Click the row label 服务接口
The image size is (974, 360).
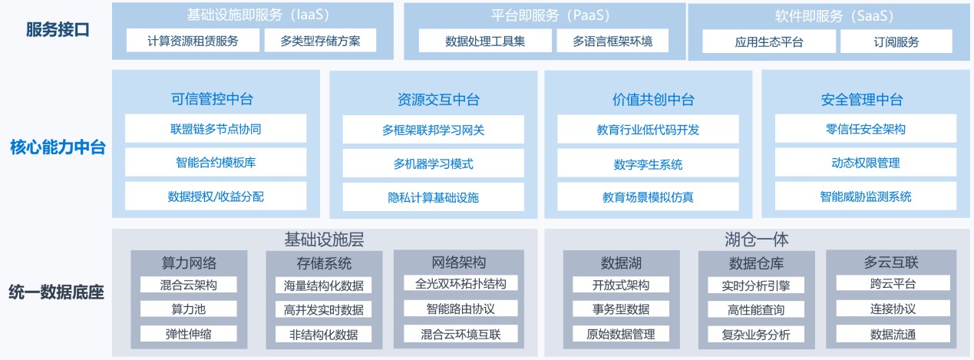[x=58, y=30]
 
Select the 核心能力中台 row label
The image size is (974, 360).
[x=58, y=147]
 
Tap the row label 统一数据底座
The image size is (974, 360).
[x=57, y=292]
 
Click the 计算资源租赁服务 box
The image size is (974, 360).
[x=193, y=41]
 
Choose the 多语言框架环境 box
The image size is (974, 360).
[x=612, y=41]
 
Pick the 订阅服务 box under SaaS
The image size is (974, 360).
[x=896, y=41]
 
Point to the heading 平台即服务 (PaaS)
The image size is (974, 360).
[x=550, y=15]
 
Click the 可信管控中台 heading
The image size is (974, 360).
[x=212, y=99]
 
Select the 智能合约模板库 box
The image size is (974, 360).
[x=216, y=162]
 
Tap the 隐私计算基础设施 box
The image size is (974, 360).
[x=433, y=197]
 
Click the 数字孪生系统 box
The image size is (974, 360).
[x=648, y=164]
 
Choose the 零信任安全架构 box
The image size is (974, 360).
[x=865, y=129]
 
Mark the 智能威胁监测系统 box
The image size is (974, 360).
[x=865, y=197]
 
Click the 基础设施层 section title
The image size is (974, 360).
[x=324, y=239]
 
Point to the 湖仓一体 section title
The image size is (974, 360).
[x=756, y=239]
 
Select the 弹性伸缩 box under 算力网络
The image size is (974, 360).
[x=188, y=334]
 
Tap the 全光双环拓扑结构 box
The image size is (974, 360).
[x=461, y=283]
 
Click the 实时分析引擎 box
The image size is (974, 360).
[x=756, y=286]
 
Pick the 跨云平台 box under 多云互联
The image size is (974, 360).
[x=893, y=283]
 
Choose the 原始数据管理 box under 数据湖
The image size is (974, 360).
[x=620, y=334]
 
